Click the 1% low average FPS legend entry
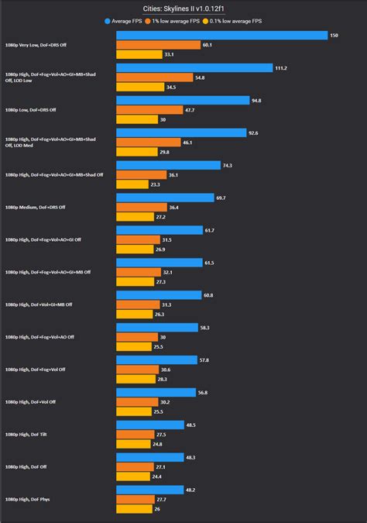pyautogui.click(x=184, y=20)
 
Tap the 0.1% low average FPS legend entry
pyautogui.click(x=243, y=20)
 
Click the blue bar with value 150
pyautogui.click(x=221, y=36)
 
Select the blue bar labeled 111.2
pyautogui.click(x=194, y=68)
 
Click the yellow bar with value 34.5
pyautogui.click(x=139, y=88)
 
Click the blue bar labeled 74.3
pyautogui.click(x=167, y=165)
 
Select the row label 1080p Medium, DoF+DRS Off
pyautogui.click(x=36, y=207)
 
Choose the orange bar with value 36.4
pyautogui.click(x=141, y=207)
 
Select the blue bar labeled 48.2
pyautogui.click(x=149, y=490)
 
